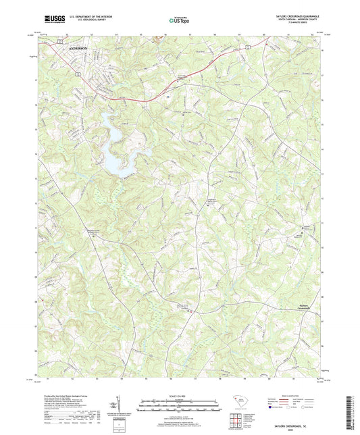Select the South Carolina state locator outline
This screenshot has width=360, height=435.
pos(241,401)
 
